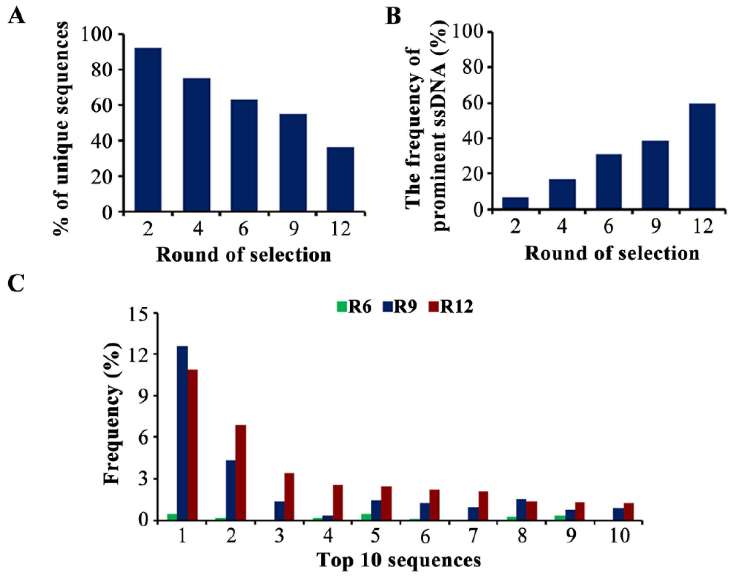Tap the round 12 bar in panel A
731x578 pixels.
[340, 179]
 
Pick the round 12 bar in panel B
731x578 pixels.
[702, 156]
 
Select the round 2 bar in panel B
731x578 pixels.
[515, 203]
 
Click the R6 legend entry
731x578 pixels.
[354, 307]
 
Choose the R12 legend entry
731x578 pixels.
[451, 307]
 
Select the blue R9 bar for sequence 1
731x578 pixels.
[182, 433]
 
